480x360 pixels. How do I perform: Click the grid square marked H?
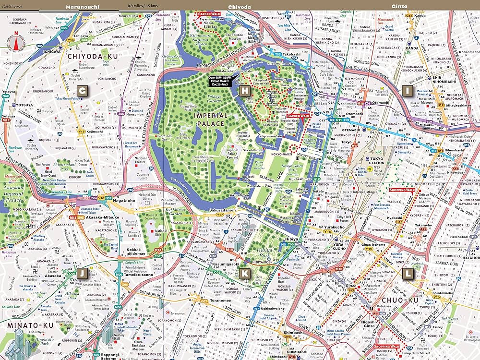(245, 90)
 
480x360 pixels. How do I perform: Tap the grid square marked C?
(83, 90)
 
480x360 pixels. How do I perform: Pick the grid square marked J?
(83, 273)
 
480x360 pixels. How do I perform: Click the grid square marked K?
(245, 273)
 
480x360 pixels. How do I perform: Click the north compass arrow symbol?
(15, 42)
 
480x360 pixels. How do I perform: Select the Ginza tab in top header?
(399, 7)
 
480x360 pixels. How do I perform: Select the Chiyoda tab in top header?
(239, 7)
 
